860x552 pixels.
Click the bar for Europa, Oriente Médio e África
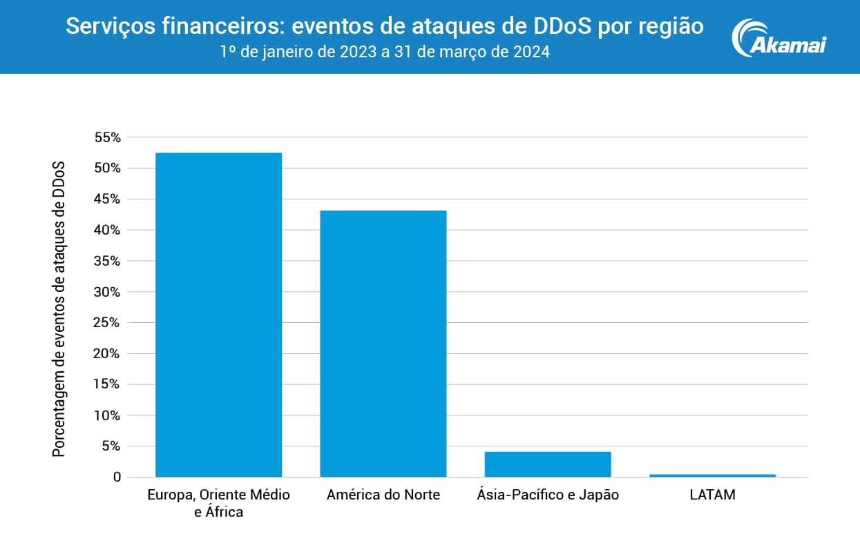pos(218,315)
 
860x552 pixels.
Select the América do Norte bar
pos(383,344)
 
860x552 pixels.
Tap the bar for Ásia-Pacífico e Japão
pos(548,464)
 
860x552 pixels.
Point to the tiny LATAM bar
pos(712,475)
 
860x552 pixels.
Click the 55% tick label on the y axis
pos(107,137)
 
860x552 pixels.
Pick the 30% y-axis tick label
pos(107,292)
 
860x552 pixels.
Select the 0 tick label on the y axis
pos(117,477)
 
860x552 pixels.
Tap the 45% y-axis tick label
pos(107,199)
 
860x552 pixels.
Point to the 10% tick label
pos(107,415)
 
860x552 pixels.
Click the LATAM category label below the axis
pos(712,495)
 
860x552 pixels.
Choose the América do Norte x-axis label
pos(383,495)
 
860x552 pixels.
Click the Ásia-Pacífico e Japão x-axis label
pos(548,495)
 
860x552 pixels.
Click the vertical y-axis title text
pos(59,308)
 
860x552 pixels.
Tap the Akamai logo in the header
pos(779,37)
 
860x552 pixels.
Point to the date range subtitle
pos(384,52)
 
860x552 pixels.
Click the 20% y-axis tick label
pos(107,354)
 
